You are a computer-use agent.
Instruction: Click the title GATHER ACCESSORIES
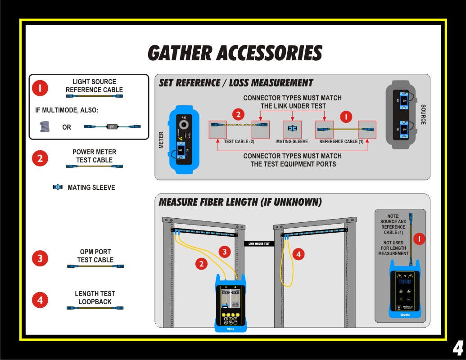[235, 53]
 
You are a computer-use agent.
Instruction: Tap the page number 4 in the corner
[457, 348]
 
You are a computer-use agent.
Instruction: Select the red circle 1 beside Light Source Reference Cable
[40, 89]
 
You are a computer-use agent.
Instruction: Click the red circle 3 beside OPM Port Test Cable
[40, 258]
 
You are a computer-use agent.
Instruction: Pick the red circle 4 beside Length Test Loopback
[40, 300]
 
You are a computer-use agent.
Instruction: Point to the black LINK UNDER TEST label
[259, 244]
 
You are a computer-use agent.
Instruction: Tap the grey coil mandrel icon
[44, 126]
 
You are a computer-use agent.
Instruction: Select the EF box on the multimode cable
[112, 127]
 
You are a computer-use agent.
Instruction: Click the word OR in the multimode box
[67, 127]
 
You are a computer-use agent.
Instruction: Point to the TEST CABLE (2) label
[239, 142]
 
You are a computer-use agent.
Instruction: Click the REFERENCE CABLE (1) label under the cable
[341, 142]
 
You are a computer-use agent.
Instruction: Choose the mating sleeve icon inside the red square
[292, 129]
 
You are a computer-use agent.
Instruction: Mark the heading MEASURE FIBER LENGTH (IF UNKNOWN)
[240, 202]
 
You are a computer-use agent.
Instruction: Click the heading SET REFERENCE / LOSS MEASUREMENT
[235, 83]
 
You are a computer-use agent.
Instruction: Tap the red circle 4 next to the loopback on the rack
[298, 254]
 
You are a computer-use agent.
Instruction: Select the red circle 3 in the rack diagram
[224, 252]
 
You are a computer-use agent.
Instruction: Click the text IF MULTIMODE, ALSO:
[67, 110]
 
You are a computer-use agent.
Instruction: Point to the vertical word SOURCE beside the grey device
[423, 114]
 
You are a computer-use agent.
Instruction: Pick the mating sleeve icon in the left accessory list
[58, 187]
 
